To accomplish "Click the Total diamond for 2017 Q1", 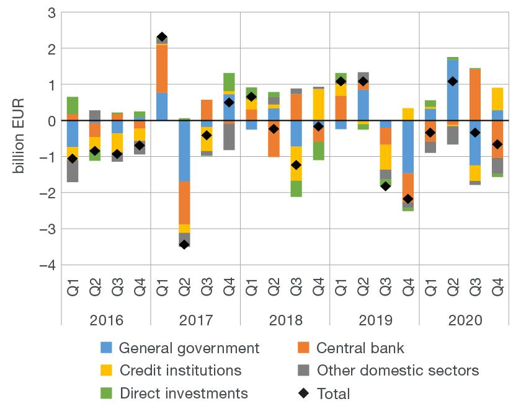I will [x=162, y=37].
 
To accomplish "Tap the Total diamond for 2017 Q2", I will [x=184, y=244].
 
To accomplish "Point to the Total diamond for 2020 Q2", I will [x=453, y=81].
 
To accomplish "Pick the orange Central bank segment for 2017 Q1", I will [x=162, y=69].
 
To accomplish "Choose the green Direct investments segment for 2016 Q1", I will [x=73, y=105].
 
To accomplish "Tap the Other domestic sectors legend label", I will [x=398, y=371].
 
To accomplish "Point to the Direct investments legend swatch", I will [x=106, y=394].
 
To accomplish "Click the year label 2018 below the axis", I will [x=285, y=320].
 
